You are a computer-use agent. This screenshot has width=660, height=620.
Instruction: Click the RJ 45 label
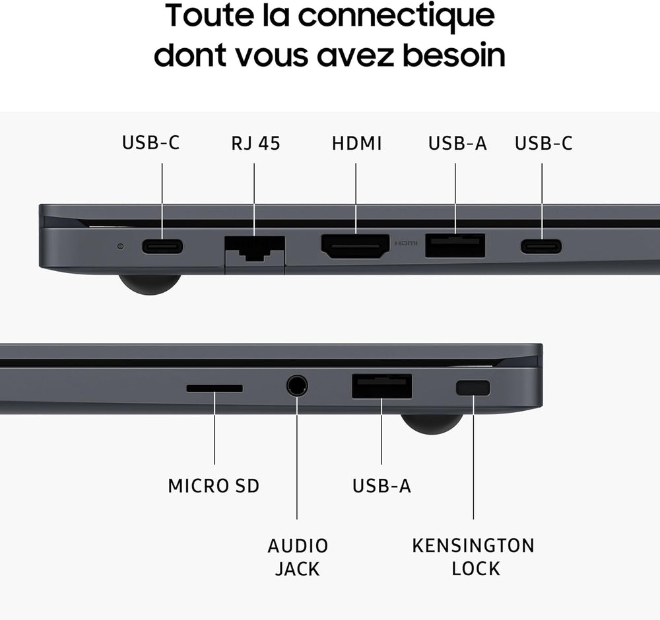(255, 143)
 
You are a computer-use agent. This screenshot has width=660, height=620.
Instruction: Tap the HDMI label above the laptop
(356, 143)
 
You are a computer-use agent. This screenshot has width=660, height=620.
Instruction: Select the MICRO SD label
(213, 486)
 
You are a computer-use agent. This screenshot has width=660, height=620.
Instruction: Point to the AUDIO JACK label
(298, 557)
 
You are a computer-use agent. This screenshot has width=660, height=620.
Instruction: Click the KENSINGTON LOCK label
(473, 557)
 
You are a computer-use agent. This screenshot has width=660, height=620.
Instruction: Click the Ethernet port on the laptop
(255, 249)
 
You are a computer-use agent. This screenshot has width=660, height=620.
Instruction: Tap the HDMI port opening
(355, 246)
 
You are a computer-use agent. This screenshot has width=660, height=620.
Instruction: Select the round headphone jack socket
(297, 385)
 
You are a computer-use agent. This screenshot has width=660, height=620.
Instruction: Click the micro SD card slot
(214, 388)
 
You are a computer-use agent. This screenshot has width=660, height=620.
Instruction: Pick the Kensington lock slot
(473, 388)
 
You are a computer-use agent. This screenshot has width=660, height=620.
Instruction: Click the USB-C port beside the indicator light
(162, 246)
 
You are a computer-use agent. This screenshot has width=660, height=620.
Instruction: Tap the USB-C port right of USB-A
(541, 246)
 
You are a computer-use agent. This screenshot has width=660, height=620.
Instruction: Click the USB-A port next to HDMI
(455, 245)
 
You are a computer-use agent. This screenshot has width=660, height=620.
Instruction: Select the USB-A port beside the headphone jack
(381, 386)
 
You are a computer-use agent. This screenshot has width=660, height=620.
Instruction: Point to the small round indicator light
(121, 246)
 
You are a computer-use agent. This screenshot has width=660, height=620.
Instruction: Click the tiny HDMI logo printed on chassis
(406, 243)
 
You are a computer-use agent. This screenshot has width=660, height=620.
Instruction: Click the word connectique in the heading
(397, 16)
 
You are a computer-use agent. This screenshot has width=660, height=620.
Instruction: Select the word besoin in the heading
(454, 55)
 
